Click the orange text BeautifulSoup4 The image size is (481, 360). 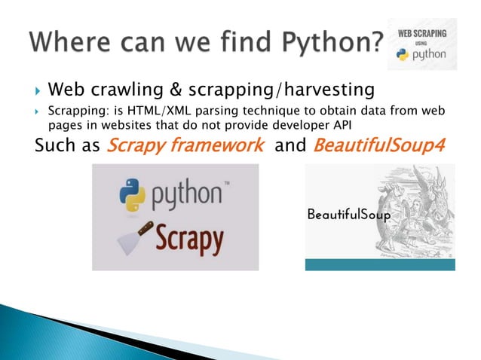coord(375,145)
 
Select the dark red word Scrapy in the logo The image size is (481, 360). coord(189,241)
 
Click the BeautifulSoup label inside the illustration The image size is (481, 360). coord(348,215)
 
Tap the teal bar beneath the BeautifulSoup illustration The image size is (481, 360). coord(380,265)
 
